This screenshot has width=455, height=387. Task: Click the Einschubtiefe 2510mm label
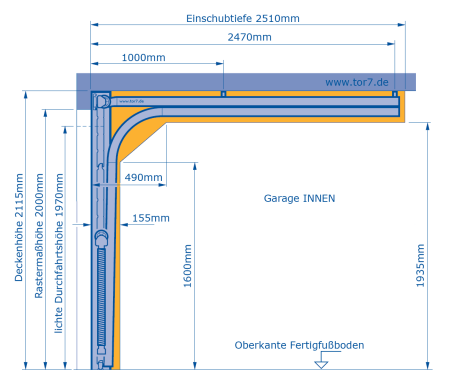click(242, 19)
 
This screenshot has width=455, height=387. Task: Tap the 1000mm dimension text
click(143, 57)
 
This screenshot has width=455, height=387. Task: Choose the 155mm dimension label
click(151, 218)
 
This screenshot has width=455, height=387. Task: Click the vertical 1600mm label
click(187, 265)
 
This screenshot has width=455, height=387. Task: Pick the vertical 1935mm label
click(420, 265)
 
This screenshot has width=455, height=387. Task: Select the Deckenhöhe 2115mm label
click(19, 227)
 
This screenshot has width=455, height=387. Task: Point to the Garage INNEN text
click(299, 198)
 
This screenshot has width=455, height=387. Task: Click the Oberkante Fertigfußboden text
click(299, 345)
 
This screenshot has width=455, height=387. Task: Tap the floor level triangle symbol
click(321, 364)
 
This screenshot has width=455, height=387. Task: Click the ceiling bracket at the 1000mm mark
click(223, 94)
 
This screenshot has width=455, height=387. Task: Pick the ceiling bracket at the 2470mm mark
click(395, 94)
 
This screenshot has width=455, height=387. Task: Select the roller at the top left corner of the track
click(102, 101)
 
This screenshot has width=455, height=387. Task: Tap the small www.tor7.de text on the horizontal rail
click(131, 101)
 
